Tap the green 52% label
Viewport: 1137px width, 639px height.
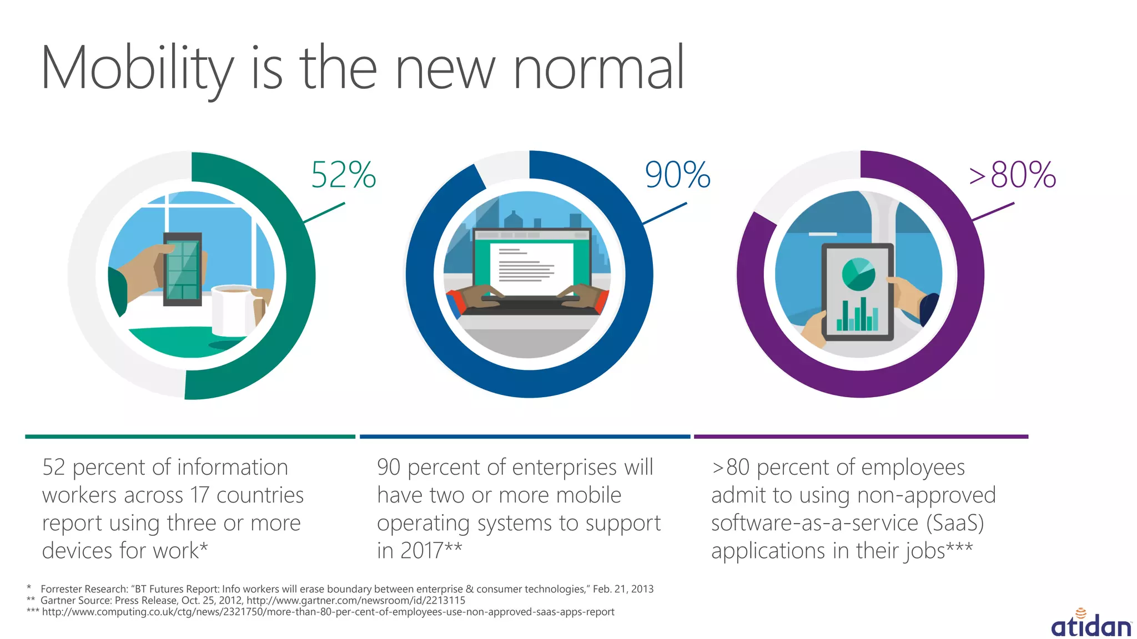point(344,175)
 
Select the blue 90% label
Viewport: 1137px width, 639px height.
point(677,175)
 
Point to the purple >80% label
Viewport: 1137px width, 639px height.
point(1013,175)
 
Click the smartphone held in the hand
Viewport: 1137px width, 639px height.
point(182,270)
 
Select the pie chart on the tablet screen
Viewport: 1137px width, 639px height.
point(858,274)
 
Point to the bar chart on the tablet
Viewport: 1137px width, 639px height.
point(857,316)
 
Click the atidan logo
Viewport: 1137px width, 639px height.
point(1091,624)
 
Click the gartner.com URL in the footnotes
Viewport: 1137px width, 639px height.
point(356,601)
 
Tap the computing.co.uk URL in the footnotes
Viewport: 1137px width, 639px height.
point(328,612)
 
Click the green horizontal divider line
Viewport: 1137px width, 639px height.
point(190,437)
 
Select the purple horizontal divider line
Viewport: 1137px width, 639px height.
point(861,437)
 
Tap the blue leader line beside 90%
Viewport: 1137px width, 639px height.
point(665,214)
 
